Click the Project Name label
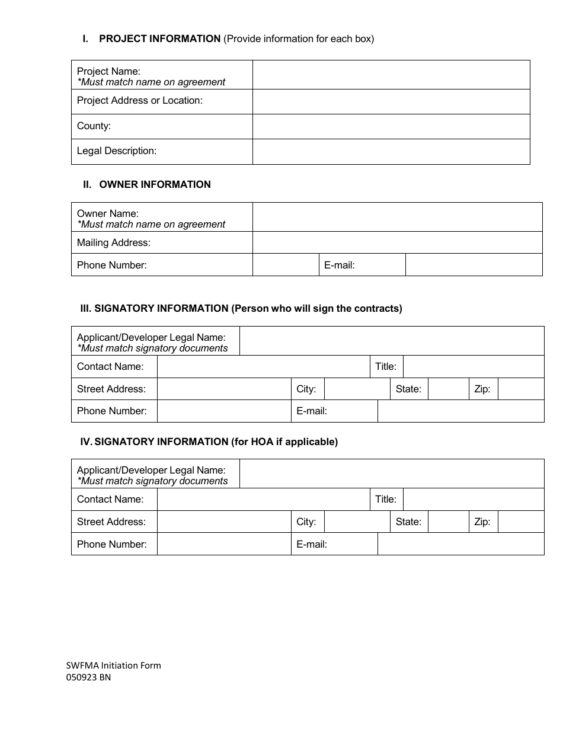108,71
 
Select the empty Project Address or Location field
391,101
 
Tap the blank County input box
391,126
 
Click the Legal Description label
117,151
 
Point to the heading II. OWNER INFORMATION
146,184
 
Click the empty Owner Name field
397,217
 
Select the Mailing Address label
114,242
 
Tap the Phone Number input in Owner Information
286,265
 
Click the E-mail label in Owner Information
340,266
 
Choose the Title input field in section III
473,366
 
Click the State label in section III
408,389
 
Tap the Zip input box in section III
520,389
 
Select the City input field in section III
356,389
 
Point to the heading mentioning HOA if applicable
209,442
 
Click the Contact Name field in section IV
263,499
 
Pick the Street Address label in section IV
111,522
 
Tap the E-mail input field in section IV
460,544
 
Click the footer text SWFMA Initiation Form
113,665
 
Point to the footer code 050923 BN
88,677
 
